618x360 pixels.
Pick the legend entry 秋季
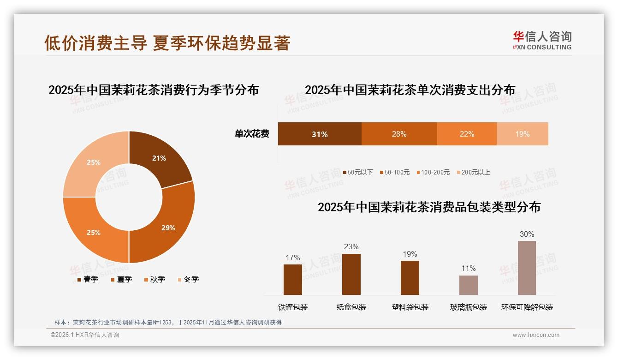click(x=154, y=279)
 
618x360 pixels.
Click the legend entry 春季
click(x=88, y=279)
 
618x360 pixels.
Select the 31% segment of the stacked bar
click(x=320, y=134)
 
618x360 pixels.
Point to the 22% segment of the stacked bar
click(x=467, y=134)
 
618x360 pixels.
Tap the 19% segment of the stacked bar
click(x=523, y=134)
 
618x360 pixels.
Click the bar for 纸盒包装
click(x=351, y=274)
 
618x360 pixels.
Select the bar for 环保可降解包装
click(x=527, y=268)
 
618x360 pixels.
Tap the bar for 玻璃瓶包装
click(x=469, y=285)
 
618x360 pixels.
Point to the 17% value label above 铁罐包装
click(x=293, y=258)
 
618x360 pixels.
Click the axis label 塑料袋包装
click(x=410, y=307)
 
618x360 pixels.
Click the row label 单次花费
click(x=252, y=134)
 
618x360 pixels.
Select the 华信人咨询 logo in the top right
click(x=542, y=41)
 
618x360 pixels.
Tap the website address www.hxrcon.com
click(x=536, y=335)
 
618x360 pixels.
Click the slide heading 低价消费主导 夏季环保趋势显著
click(x=167, y=43)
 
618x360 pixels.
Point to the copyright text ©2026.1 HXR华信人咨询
click(x=84, y=335)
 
